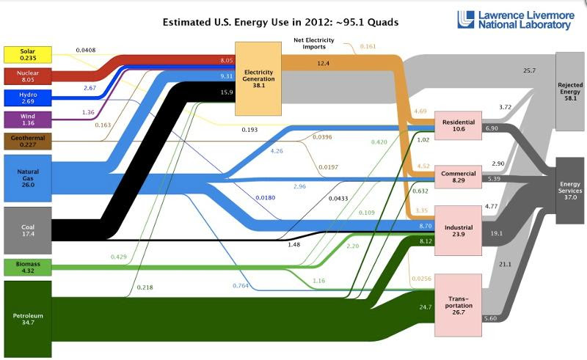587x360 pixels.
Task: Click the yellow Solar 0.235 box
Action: coord(28,55)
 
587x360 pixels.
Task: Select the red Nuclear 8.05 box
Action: coord(28,76)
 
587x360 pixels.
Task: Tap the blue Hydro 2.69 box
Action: coord(28,98)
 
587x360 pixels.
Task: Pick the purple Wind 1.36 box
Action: coord(28,120)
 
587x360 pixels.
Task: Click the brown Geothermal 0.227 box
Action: coord(28,141)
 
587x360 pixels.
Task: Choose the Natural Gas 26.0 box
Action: coord(28,178)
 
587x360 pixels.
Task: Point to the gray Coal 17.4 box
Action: coord(28,230)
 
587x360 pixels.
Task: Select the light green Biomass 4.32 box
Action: coord(28,267)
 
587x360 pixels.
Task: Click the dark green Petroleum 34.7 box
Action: coord(28,319)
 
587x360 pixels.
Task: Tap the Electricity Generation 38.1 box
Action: coord(258,78)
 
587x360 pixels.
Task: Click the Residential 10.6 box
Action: coord(458,125)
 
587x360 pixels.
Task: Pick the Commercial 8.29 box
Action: coord(458,177)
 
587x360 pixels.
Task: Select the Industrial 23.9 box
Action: coord(458,230)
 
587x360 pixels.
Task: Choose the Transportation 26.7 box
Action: coord(458,305)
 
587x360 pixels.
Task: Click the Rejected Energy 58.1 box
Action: coord(570,92)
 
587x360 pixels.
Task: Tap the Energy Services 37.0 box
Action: coord(570,191)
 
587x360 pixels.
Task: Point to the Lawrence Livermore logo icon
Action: coord(466,20)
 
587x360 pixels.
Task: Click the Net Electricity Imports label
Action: coord(314,43)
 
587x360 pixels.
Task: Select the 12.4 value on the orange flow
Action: coord(323,63)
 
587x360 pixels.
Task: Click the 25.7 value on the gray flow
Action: coord(529,70)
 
